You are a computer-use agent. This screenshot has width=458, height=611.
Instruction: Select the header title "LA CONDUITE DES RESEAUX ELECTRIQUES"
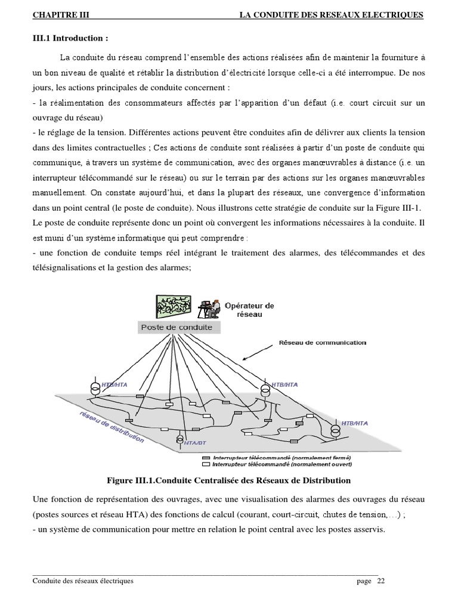[x=331, y=15]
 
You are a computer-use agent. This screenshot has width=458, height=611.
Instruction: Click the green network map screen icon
[x=174, y=307]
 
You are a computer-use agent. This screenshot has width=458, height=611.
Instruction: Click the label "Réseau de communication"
[x=323, y=343]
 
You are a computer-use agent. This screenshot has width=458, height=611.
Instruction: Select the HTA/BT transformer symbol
[x=180, y=439]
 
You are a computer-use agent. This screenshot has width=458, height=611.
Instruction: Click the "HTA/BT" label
[x=193, y=445]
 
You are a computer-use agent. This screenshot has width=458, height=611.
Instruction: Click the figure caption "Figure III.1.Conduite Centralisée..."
[x=229, y=480]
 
